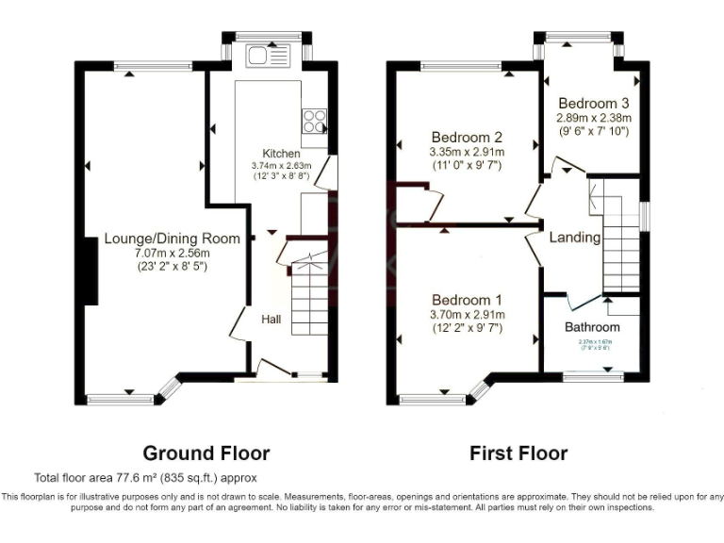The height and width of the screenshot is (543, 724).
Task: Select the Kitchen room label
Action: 281,154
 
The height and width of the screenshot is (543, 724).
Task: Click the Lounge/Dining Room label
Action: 172,239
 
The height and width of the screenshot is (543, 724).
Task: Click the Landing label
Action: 575,238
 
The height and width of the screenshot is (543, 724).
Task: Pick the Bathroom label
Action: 592,327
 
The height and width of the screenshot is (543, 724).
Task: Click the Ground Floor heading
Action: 206,453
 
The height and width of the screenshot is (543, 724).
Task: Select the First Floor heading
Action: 518,453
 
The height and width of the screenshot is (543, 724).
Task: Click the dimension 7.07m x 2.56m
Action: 172,254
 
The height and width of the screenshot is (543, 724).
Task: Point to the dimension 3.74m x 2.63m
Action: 280,165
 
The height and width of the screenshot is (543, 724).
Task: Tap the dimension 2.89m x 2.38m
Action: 593,119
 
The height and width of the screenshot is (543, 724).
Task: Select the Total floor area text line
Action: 145,478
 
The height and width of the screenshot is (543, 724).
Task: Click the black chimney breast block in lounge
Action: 90,271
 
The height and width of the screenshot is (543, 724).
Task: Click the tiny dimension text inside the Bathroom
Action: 592,344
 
